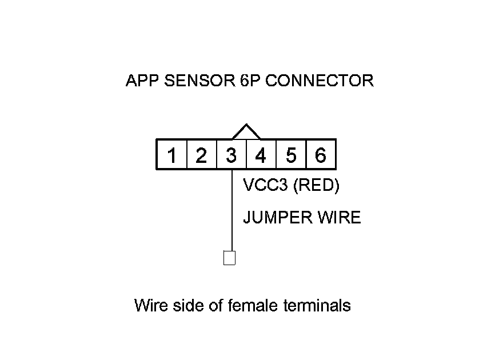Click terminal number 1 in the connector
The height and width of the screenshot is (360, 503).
pyautogui.click(x=171, y=155)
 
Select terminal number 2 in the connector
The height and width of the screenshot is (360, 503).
pyautogui.click(x=201, y=155)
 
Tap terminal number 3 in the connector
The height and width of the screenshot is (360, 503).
pyautogui.click(x=231, y=155)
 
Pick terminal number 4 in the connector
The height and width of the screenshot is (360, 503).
pyautogui.click(x=261, y=155)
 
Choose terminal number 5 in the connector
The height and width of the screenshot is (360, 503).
pyautogui.click(x=291, y=155)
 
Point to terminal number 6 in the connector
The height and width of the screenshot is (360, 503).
pyautogui.click(x=321, y=155)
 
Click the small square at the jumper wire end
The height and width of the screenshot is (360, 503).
pyautogui.click(x=229, y=258)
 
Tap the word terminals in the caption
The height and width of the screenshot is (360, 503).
pyautogui.click(x=317, y=306)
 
